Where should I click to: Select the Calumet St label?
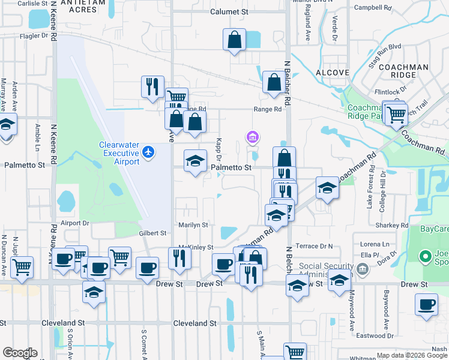click(229, 11)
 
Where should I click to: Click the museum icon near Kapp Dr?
click(253, 139)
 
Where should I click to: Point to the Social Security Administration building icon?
click(363, 268)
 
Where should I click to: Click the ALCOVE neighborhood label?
click(332, 72)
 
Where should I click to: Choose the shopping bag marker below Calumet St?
click(234, 40)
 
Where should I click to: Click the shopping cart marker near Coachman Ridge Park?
click(396, 113)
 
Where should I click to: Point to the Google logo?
click(20, 353)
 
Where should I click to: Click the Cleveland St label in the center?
click(194, 323)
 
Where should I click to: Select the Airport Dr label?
click(74, 222)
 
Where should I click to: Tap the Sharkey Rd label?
click(393, 225)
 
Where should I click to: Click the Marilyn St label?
click(193, 225)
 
